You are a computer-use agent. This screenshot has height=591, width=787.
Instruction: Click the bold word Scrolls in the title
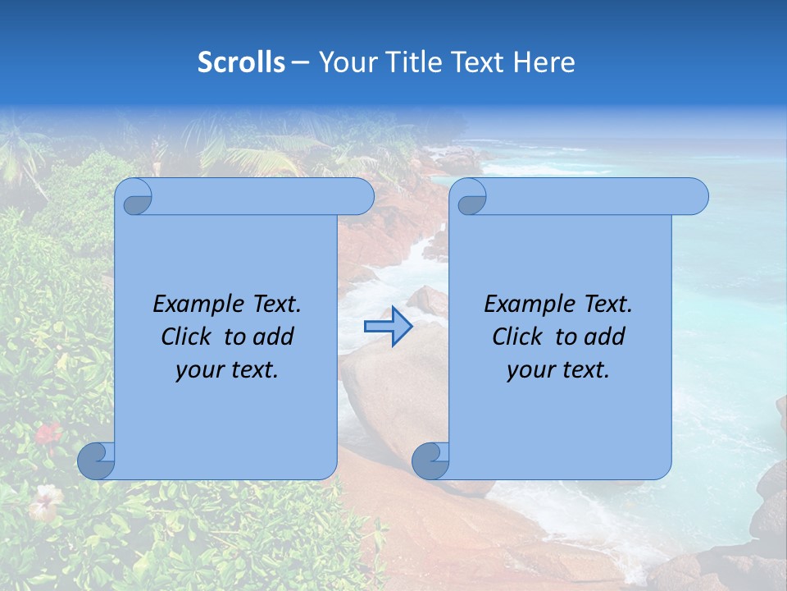pos(241,62)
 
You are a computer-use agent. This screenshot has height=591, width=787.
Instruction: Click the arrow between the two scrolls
pos(388,327)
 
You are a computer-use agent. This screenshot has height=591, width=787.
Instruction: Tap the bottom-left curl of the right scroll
pos(430,460)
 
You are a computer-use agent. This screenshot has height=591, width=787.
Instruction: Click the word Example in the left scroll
pos(197,305)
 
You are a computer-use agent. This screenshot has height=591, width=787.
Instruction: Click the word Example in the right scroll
pos(528,305)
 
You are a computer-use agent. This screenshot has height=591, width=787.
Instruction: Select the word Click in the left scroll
pos(186,337)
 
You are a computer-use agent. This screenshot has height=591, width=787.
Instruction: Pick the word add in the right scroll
pos(606,337)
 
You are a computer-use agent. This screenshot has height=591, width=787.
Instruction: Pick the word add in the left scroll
pos(275,337)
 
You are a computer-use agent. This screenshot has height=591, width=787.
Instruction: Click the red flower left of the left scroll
pos(48,433)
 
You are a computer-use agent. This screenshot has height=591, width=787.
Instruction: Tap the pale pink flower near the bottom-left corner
pos(44,501)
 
